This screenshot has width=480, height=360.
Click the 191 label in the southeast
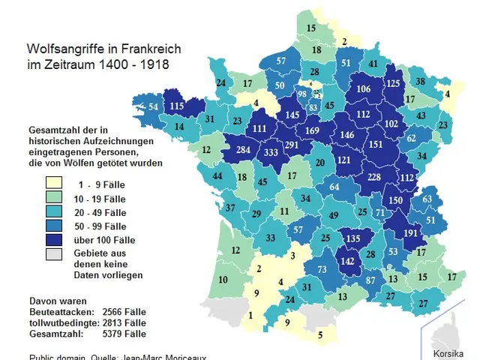(411, 232)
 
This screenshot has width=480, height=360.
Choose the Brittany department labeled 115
(177, 107)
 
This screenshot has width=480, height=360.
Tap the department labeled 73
(322, 269)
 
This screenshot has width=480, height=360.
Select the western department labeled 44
(217, 176)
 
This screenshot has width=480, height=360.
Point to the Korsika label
(449, 351)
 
